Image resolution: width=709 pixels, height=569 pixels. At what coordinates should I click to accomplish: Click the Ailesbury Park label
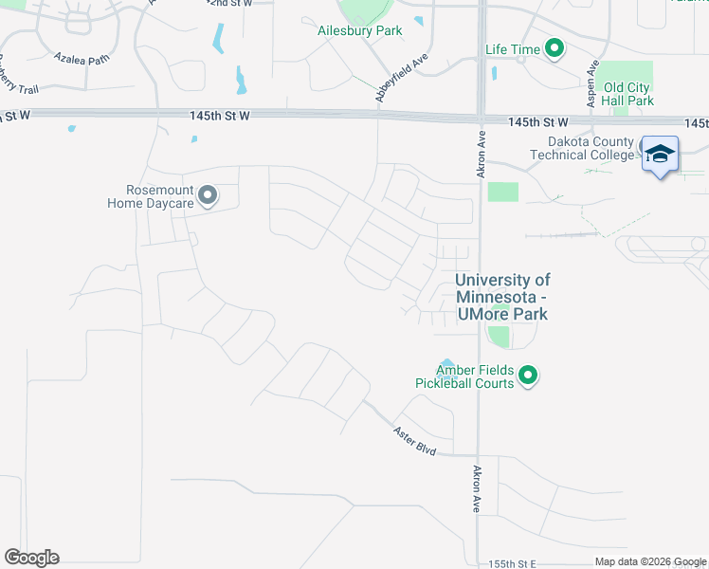pos(359,31)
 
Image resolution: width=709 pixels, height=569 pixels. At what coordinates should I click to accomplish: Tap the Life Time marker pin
pos(554,49)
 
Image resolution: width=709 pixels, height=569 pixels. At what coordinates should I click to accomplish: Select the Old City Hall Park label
pos(627,94)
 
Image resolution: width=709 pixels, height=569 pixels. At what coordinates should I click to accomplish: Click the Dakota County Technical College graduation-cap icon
pos(660,154)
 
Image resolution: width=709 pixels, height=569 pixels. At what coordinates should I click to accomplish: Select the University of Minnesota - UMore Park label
pos(502,297)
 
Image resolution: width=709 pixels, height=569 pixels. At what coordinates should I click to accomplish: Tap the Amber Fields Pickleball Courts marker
pos(529,376)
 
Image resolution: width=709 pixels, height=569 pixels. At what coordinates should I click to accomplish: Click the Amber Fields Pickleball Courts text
pos(464,376)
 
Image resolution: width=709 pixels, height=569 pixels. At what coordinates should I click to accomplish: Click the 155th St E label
pos(513,563)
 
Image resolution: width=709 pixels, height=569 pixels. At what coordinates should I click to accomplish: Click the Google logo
pos(31,558)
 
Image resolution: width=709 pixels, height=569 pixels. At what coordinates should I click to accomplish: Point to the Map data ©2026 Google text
pos(650,562)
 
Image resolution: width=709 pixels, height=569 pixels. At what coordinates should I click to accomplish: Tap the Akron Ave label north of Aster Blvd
pos(477,489)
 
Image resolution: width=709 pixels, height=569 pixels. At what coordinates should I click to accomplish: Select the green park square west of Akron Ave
pos(503,192)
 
